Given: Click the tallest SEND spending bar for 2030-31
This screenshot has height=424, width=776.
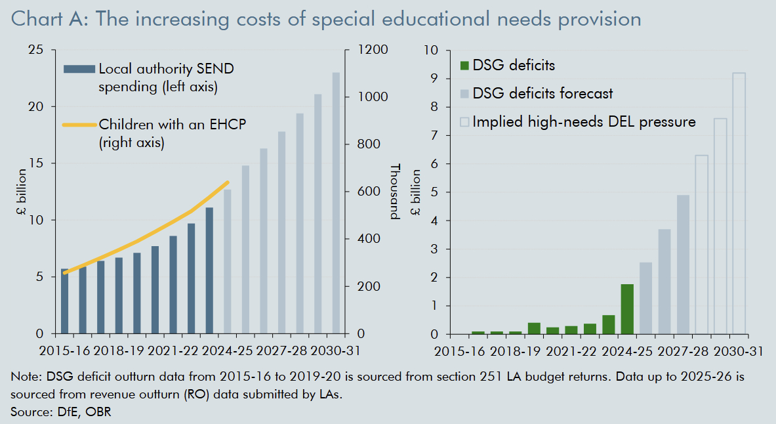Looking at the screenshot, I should click(x=336, y=203).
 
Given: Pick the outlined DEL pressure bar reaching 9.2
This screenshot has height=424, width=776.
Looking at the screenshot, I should click(x=739, y=203).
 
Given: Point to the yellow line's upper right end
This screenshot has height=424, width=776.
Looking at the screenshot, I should click(x=227, y=182).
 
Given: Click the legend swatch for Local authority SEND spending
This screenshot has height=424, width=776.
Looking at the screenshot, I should click(x=79, y=68).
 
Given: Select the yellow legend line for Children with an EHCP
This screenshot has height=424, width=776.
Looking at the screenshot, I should click(x=79, y=125).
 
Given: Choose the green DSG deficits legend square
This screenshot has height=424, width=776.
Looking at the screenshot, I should click(x=465, y=65).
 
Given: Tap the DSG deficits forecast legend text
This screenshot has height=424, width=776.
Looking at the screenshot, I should click(x=542, y=93).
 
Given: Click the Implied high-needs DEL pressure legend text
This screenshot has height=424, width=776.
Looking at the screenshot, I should click(x=584, y=121).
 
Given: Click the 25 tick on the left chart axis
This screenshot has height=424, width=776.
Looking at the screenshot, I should click(x=37, y=50).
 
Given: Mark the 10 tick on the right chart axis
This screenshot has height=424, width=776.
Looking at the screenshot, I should click(x=430, y=50).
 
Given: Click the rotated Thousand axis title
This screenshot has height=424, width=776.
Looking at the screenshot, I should click(x=395, y=191).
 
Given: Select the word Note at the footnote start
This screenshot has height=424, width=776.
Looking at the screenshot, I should click(x=24, y=378).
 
